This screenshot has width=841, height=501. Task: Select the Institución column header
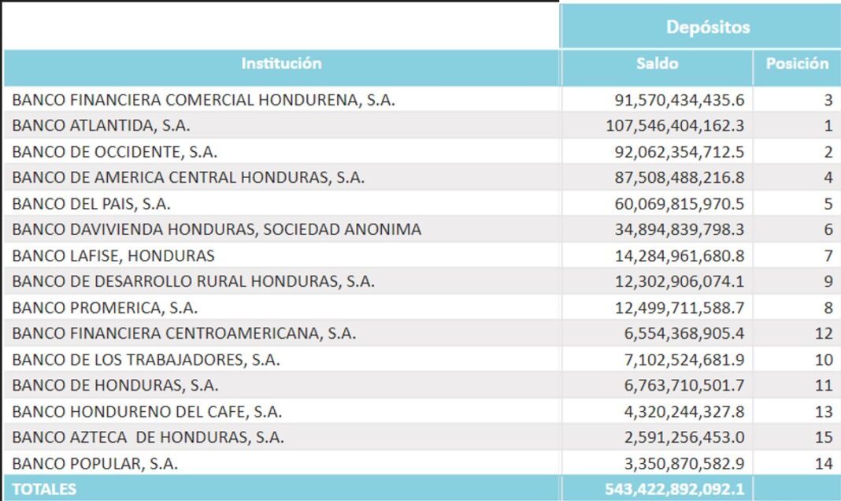coord(281,64)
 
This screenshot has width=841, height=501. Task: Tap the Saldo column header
coord(657,64)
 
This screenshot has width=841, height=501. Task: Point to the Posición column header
coord(797,64)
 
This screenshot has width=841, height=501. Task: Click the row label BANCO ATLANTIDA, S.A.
coord(101,125)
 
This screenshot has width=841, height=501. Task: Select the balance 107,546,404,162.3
coord(675,125)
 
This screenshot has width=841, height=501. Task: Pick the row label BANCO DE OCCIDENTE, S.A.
coord(115,151)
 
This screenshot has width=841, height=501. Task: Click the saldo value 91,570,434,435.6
coord(679,100)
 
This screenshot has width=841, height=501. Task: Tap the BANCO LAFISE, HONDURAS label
coord(113,255)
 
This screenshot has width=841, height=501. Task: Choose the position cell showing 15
coord(824,437)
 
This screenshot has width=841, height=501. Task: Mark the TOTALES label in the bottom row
coord(45,489)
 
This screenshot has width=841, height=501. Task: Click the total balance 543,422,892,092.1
coord(675,489)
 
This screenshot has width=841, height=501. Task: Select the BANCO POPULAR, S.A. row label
coord(94,463)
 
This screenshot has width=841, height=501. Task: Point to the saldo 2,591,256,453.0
coord(684,437)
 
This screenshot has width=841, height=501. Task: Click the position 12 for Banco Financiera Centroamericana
coord(824,333)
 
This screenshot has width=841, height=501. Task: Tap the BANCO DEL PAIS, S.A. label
coord(91,203)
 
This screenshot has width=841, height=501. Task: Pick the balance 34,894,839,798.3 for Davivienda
coord(679,229)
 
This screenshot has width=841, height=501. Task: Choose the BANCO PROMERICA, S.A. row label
coord(105,307)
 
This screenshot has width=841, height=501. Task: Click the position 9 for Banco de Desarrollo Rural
coord(828,281)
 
